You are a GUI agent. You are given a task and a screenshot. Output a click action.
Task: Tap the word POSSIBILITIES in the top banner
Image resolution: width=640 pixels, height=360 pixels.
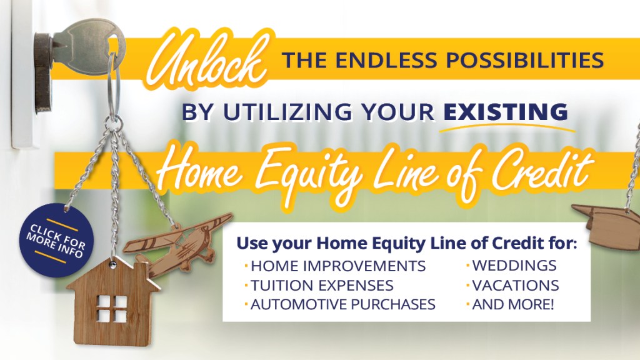coord(524,61)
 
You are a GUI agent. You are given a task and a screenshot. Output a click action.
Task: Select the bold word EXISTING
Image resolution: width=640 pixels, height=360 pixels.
coord(506,112)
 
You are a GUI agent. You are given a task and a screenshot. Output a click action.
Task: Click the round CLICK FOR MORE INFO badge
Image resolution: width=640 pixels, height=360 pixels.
coord(56,241)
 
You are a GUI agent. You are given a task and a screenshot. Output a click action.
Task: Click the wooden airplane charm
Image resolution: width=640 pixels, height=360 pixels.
coord(178,242)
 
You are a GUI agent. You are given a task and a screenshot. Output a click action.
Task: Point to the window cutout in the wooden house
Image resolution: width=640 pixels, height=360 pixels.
coord(112,309)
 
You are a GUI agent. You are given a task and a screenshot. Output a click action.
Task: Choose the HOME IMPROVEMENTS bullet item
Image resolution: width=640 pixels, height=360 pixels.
coord(338,266)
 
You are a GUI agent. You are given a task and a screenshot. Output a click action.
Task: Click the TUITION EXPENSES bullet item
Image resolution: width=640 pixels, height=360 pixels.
coord(322,285)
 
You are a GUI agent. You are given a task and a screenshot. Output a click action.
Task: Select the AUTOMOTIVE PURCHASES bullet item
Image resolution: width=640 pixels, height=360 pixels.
coord(343,304)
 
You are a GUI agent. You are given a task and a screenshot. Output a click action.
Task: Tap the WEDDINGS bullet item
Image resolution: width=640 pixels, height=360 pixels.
coord(514,266)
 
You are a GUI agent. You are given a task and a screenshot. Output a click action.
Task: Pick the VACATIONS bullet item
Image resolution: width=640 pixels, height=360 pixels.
coord(516,285)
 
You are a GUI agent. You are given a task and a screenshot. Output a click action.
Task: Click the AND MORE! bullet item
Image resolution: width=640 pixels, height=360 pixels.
coord(513,304)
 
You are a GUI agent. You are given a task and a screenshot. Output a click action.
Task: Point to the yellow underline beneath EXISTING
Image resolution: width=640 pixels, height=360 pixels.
coord(507,127)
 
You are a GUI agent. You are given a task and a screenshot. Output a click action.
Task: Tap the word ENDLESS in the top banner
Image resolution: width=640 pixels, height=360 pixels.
coord(386,61)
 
